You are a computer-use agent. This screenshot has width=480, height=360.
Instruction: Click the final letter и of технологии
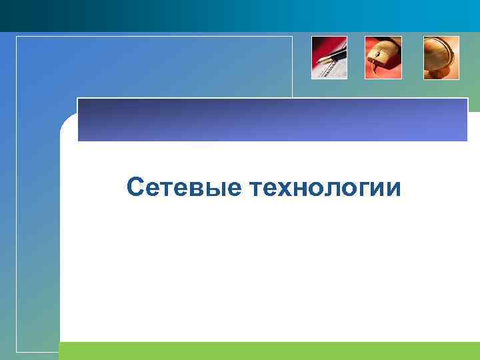tap(394, 191)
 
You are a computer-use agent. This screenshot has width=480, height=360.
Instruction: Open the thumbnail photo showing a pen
tap(329, 57)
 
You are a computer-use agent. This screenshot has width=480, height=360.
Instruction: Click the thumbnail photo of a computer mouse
tap(383, 57)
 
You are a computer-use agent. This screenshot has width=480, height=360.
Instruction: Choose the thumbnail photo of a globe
tap(441, 57)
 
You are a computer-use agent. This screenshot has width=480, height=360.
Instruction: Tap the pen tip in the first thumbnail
tap(319, 61)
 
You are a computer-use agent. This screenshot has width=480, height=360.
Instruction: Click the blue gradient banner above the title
tap(273, 120)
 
